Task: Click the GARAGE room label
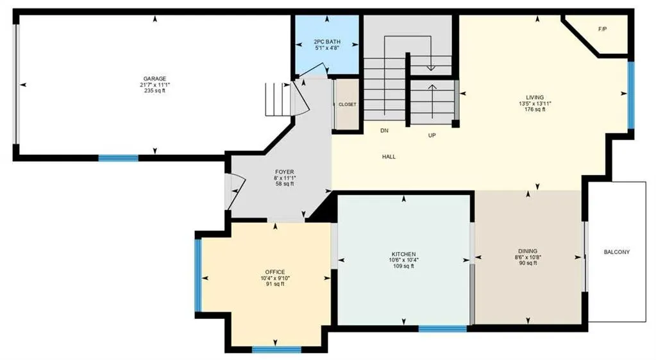pos(155,79)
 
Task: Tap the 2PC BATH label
pos(327,42)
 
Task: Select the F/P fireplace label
pos(602,30)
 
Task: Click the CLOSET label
pos(348,105)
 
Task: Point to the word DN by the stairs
pos(385,131)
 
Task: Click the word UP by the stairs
pos(432,135)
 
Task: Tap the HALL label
pos(389,157)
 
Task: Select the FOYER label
pos(285,172)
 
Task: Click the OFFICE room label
pos(275,272)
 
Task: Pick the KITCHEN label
pos(404,254)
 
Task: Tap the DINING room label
pos(528,251)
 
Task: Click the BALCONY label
pos(617,252)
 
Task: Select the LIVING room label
pos(535,98)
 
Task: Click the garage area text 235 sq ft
pos(155,90)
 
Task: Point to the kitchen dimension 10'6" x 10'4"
pos(404,260)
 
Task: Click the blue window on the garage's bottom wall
pos(119,159)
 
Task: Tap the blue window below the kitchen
pos(442,329)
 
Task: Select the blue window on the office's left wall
pos(198,275)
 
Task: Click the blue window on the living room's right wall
pos(631,96)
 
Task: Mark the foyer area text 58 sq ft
pos(285,184)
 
